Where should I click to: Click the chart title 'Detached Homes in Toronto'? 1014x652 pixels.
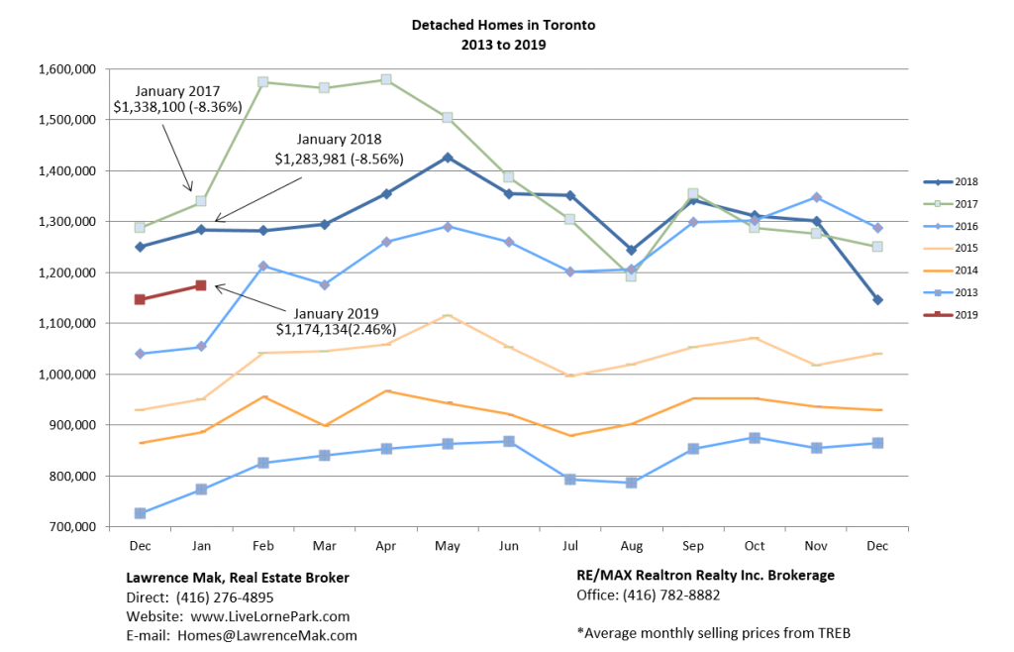[503, 25]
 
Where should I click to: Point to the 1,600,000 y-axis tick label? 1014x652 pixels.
[65, 69]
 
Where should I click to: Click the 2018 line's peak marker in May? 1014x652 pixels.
[448, 158]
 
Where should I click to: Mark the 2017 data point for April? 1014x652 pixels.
[386, 79]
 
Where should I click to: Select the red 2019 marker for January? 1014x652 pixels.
[201, 285]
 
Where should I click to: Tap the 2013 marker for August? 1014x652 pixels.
[631, 483]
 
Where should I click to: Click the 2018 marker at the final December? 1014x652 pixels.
[877, 299]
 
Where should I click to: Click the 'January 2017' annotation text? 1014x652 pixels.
[178, 90]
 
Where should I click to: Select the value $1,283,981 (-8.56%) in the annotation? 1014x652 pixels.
[342, 158]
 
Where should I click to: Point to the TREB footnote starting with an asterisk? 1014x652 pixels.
[713, 633]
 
